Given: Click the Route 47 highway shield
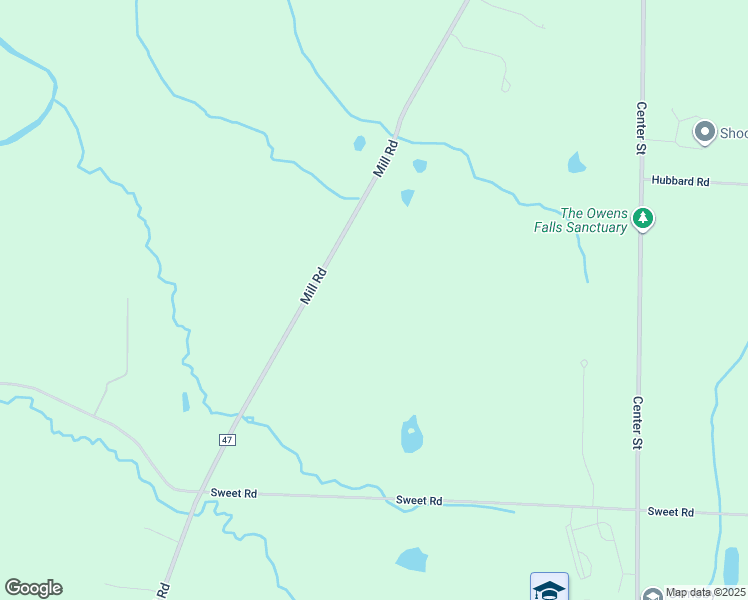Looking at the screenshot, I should (228, 439).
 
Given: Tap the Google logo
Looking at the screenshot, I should (33, 588).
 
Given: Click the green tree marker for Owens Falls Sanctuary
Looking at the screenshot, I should (644, 218).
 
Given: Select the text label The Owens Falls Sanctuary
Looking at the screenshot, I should (594, 219).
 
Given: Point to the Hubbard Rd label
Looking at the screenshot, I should (680, 181).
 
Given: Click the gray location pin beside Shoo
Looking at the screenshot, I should (704, 132).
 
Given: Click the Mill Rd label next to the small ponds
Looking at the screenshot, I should (386, 158).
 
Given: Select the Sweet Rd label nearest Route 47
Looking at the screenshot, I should (234, 493).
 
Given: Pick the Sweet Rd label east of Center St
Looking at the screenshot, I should (670, 512).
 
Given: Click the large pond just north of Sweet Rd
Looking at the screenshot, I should (411, 435).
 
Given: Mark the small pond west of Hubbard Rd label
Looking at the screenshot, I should (576, 162).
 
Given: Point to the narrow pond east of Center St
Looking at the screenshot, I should (731, 566).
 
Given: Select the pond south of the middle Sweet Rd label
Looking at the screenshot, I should (411, 560).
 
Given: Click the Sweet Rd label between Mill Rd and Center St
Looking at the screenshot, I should (418, 500).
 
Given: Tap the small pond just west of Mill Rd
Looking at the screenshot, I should (359, 143).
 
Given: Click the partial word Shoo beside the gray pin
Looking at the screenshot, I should (733, 132).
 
